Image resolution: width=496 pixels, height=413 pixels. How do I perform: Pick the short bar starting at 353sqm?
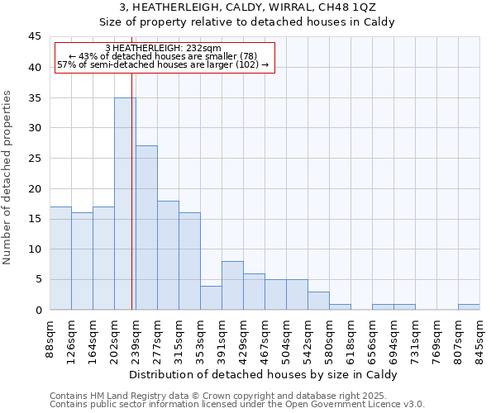pos(211,297)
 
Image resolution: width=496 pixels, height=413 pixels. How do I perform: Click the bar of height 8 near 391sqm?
pos(232,286)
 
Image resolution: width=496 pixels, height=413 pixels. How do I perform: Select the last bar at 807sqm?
pos(469,306)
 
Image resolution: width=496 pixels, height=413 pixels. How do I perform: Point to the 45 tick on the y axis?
pos(35,37)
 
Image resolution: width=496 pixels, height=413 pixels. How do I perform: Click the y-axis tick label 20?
pos(35,188)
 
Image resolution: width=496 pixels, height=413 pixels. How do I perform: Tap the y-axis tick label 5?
pos(38,279)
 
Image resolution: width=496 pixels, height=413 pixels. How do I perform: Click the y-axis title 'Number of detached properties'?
pos(8,177)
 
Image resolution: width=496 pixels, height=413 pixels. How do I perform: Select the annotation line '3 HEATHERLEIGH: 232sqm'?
pos(164,48)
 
